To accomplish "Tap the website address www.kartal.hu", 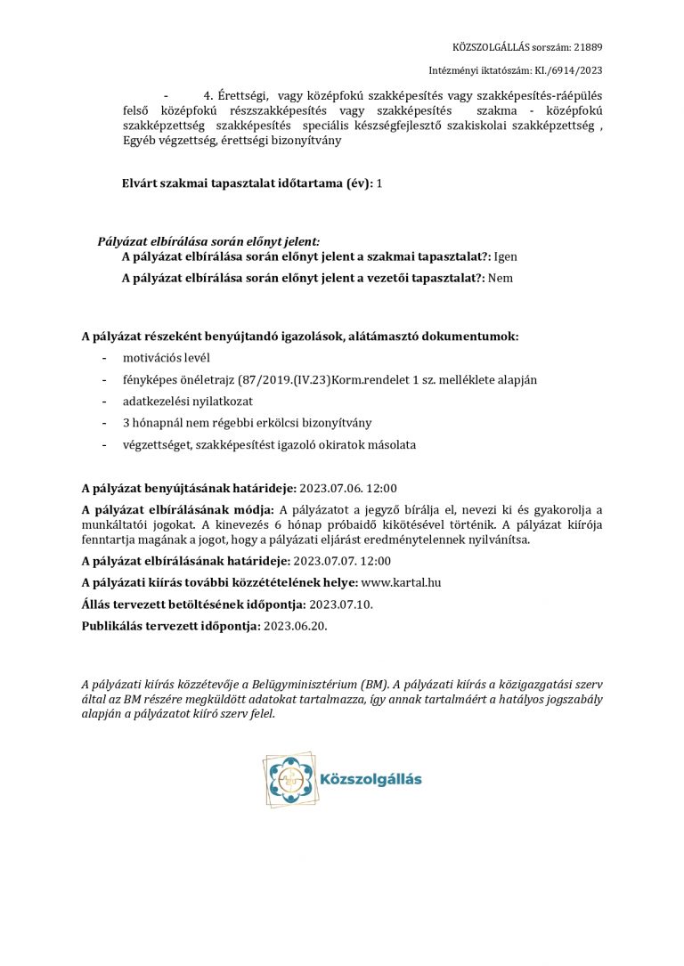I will point(401,582).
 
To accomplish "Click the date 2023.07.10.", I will point(341,605).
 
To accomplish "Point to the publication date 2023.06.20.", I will point(293,627).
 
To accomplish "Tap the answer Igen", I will point(505,256).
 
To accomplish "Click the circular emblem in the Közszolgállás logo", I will point(287,780).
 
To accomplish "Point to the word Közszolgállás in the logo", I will point(370,780).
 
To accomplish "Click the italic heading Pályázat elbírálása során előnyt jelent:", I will point(208,241).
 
